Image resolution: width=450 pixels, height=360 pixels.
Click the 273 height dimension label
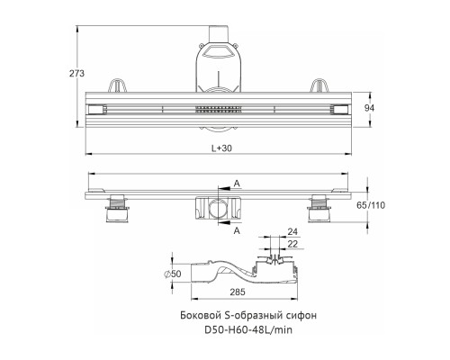tap(76, 73)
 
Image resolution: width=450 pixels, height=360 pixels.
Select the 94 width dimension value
tap(369, 108)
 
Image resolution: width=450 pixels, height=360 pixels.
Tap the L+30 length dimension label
tap(221, 148)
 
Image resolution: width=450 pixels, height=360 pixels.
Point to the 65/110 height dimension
tap(371, 205)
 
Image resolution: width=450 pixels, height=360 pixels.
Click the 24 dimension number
tap(292, 231)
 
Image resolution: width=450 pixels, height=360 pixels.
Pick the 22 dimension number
tap(292, 244)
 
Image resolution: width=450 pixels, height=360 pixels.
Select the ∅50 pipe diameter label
tap(173, 274)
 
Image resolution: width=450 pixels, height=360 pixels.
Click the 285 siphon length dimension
tap(238, 292)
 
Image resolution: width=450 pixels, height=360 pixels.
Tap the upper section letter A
tap(237, 184)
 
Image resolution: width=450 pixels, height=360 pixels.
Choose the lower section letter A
tap(237, 230)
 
